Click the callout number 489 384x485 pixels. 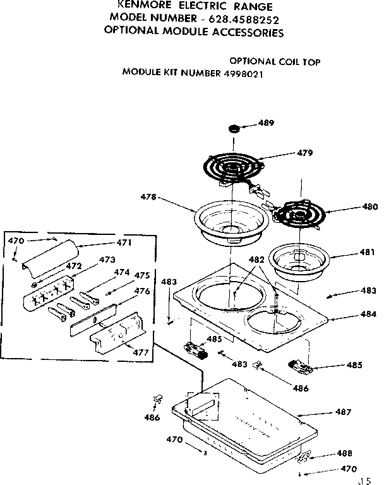[266, 124]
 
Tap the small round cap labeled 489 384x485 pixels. [234, 129]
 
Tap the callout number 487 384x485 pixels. [343, 412]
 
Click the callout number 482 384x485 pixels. [256, 260]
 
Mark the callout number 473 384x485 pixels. [107, 260]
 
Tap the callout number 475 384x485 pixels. [141, 275]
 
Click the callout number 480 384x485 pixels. [370, 207]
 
